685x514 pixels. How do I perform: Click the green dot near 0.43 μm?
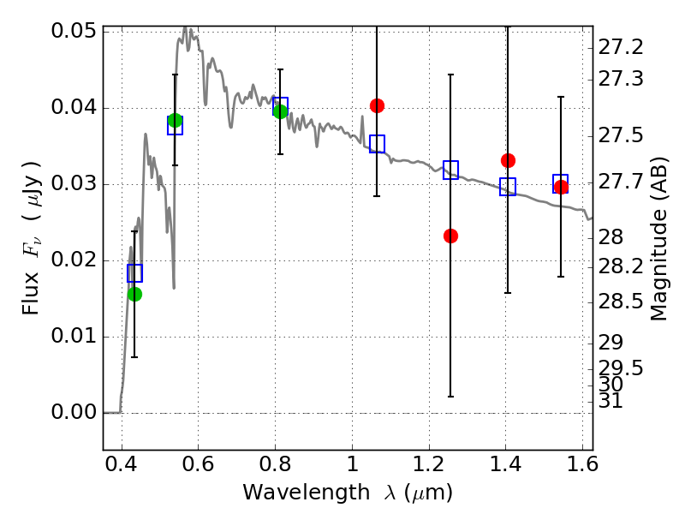tap(134, 294)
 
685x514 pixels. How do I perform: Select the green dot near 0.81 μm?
tap(280, 111)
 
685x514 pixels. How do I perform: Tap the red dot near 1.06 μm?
tap(377, 105)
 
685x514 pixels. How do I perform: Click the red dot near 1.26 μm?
tap(450, 236)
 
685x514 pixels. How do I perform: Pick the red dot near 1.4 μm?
tap(508, 160)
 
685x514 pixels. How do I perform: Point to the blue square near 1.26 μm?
tap(450, 170)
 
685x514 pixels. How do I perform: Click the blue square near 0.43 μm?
tap(134, 273)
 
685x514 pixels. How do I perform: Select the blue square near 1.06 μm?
tap(377, 144)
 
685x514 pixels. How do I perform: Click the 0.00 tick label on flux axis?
tap(74, 413)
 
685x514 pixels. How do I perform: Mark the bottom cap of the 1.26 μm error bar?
tap(450, 397)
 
